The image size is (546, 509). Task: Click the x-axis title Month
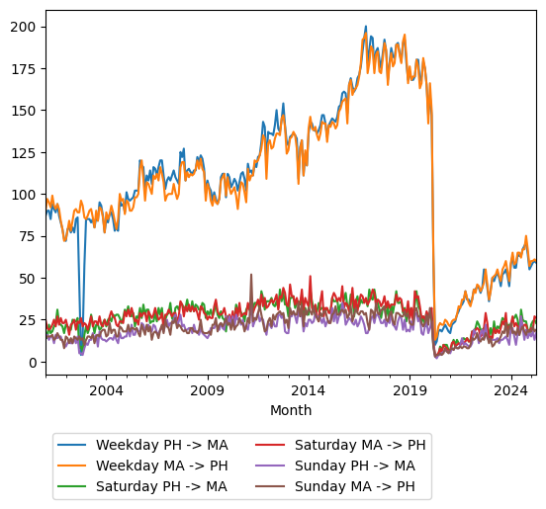pos(291,410)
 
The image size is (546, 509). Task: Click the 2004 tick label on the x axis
pos(106,390)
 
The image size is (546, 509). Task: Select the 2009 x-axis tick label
pos(207,390)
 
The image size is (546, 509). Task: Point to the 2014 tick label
pos(309,390)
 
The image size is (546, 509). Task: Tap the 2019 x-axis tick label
pos(409,390)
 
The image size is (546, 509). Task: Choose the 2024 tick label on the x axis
pos(510,390)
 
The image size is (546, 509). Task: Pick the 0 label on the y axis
pos(34,363)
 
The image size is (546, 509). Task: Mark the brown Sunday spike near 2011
pos(251,276)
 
